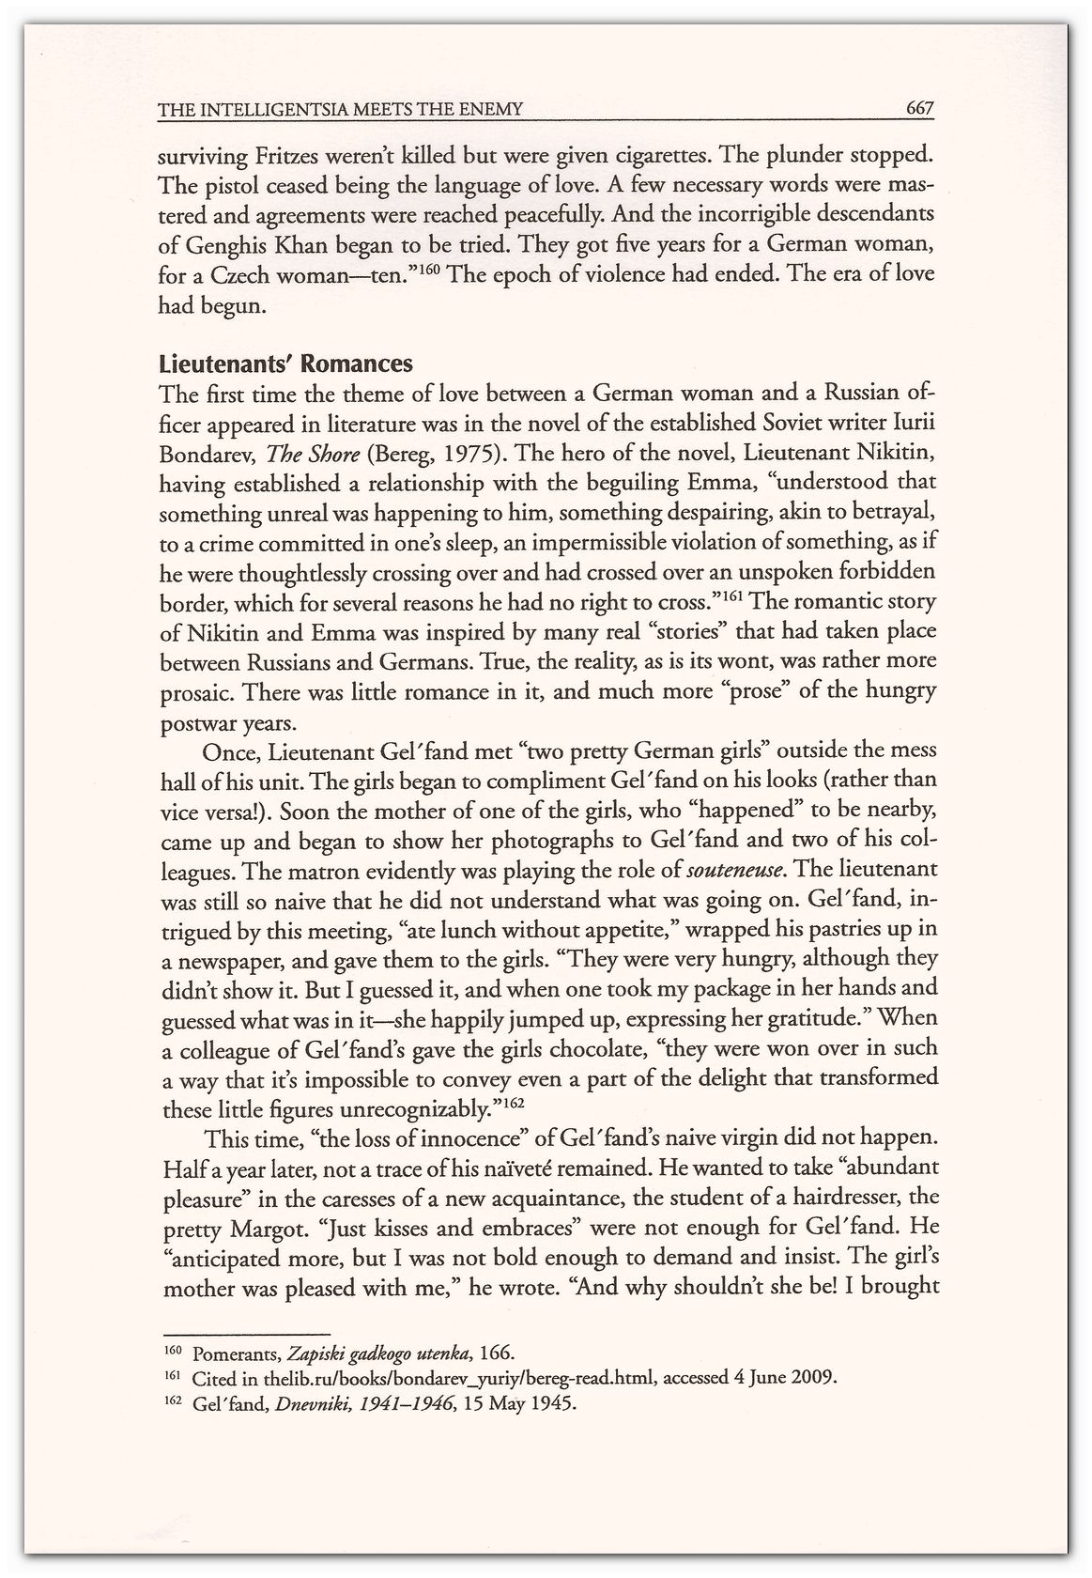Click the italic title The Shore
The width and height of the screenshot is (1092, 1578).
click(x=313, y=454)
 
